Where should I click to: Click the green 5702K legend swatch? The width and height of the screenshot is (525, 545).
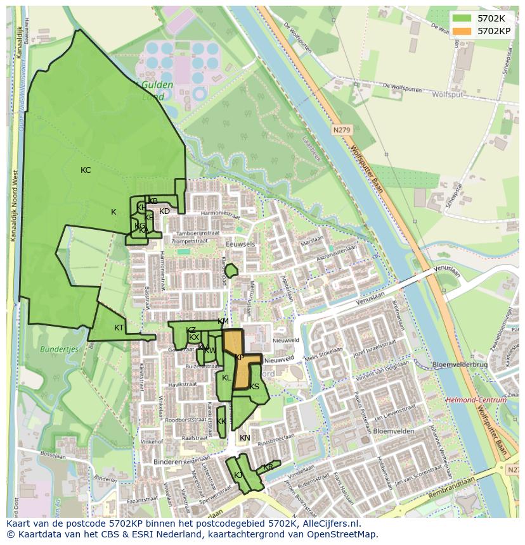462,18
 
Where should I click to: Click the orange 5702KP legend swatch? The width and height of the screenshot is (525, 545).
462,30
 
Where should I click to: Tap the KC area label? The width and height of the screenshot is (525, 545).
86,170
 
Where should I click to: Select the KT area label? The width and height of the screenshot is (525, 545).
119,328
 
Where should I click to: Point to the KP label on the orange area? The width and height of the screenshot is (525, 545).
239,358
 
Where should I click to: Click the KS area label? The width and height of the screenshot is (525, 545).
254,387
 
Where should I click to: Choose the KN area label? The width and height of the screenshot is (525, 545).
245,438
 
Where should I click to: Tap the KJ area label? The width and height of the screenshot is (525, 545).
238,475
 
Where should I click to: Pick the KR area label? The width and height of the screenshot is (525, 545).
268,467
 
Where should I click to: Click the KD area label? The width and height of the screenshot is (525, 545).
164,211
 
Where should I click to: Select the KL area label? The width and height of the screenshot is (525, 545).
226,378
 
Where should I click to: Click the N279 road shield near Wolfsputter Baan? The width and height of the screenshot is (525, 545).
341,130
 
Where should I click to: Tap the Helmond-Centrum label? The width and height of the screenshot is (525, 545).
476,400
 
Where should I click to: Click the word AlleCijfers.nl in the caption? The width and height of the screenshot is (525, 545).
330,524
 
